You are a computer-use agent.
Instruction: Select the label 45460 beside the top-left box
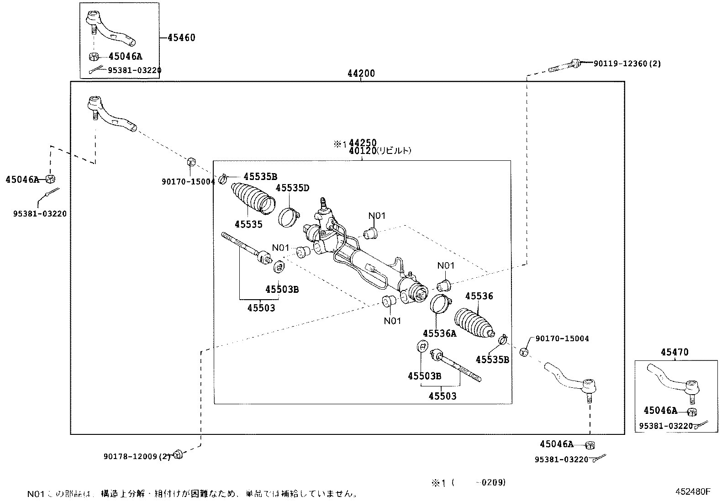(181, 37)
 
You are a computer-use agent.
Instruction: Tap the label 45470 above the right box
(674, 352)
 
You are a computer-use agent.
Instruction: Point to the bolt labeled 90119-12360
(564, 66)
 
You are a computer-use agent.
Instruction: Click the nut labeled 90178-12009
(179, 454)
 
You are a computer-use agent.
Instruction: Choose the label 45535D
(292, 188)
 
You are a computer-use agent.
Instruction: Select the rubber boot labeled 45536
(474, 324)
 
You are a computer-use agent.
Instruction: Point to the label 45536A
(439, 333)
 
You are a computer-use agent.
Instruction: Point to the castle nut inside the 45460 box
(94, 57)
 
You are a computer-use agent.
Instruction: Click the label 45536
(479, 296)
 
